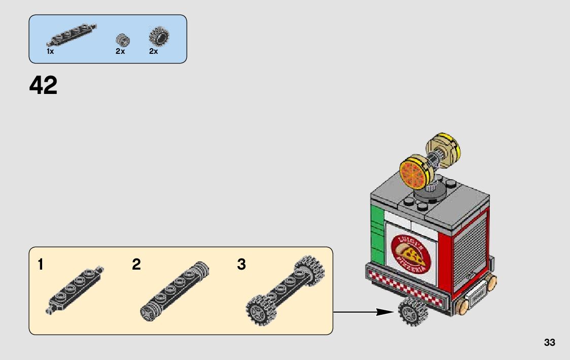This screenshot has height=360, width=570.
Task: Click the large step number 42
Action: tap(44, 85)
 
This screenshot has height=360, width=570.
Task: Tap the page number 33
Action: tap(549, 343)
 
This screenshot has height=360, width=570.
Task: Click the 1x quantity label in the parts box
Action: tap(50, 51)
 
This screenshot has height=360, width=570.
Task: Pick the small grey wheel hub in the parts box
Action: tap(121, 39)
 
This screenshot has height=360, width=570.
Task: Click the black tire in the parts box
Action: tap(159, 37)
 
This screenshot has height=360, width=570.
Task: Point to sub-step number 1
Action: tap(41, 265)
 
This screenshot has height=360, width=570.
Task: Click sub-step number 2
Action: tap(136, 265)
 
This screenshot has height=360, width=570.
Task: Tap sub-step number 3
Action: tap(242, 265)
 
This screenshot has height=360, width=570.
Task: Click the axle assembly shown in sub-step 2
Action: tap(174, 291)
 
